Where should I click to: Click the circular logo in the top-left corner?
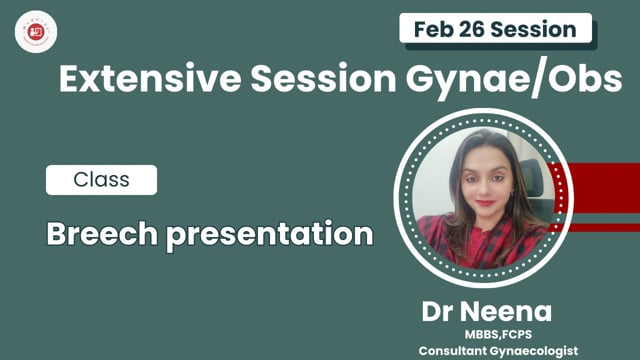click(30, 29)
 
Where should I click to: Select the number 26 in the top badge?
click(476, 28)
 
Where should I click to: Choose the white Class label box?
click(101, 181)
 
